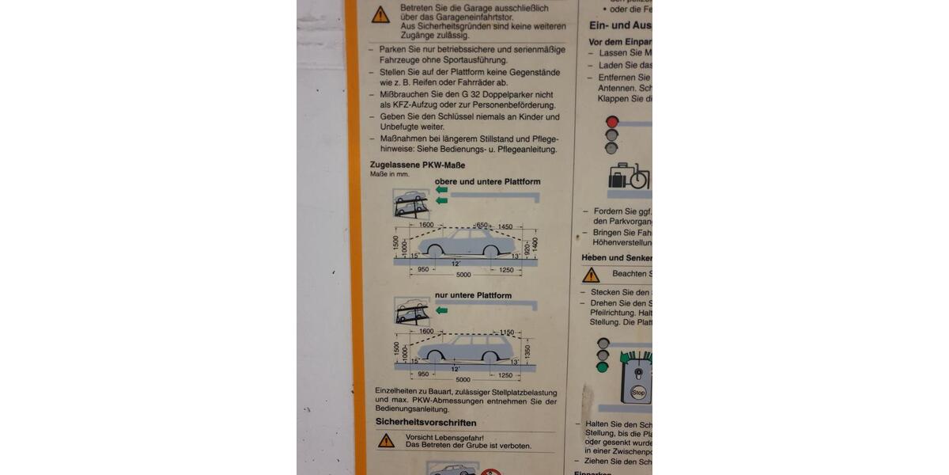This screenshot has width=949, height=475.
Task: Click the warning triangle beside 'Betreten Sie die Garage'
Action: (x=380, y=14)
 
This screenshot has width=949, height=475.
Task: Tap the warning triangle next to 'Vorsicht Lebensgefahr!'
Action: (x=386, y=441)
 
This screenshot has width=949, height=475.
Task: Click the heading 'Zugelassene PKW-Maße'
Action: (x=417, y=165)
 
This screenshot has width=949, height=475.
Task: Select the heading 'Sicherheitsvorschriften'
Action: (x=425, y=423)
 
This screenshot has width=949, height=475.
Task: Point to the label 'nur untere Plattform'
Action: (x=473, y=295)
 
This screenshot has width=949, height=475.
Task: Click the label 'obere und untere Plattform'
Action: (x=487, y=181)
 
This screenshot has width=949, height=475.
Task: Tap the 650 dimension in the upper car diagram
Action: (x=482, y=226)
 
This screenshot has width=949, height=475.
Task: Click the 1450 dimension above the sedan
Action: (x=505, y=226)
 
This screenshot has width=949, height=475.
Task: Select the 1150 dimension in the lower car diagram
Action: (x=507, y=332)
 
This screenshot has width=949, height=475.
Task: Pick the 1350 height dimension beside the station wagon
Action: (x=527, y=351)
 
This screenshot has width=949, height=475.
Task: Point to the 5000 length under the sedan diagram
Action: (x=463, y=275)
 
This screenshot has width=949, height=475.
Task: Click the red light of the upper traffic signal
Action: (x=611, y=123)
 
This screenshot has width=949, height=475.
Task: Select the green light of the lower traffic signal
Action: (x=603, y=367)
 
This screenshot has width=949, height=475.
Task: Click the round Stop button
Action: (x=638, y=392)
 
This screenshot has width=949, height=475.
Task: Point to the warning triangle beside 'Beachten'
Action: (x=591, y=275)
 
